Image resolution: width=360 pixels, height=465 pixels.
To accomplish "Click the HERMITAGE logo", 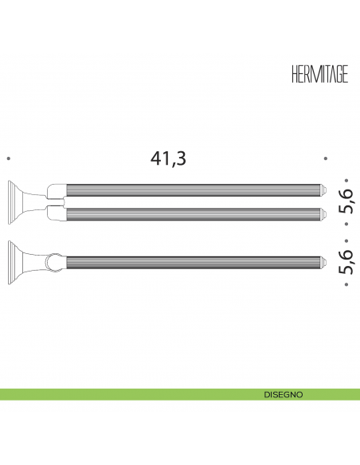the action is pyautogui.click(x=319, y=74).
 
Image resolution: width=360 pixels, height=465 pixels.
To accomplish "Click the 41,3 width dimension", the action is pyautogui.click(x=168, y=158).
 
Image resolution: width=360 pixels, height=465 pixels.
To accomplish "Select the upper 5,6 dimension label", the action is pyautogui.click(x=346, y=201).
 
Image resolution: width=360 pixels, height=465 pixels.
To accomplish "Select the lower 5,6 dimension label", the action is pyautogui.click(x=346, y=262).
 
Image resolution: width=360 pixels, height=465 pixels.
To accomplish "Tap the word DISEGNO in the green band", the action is pyautogui.click(x=284, y=395).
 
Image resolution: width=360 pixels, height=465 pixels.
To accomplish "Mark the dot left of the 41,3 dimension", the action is pyautogui.click(x=8, y=158).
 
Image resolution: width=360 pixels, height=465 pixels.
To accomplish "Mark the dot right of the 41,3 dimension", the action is pyautogui.click(x=326, y=158).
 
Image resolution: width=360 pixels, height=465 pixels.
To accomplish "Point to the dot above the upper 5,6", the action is pyautogui.click(x=346, y=180).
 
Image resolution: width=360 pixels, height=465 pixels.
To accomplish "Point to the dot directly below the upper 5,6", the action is pyautogui.click(x=346, y=224).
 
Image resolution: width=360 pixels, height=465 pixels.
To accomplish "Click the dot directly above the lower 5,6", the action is pyautogui.click(x=346, y=240).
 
